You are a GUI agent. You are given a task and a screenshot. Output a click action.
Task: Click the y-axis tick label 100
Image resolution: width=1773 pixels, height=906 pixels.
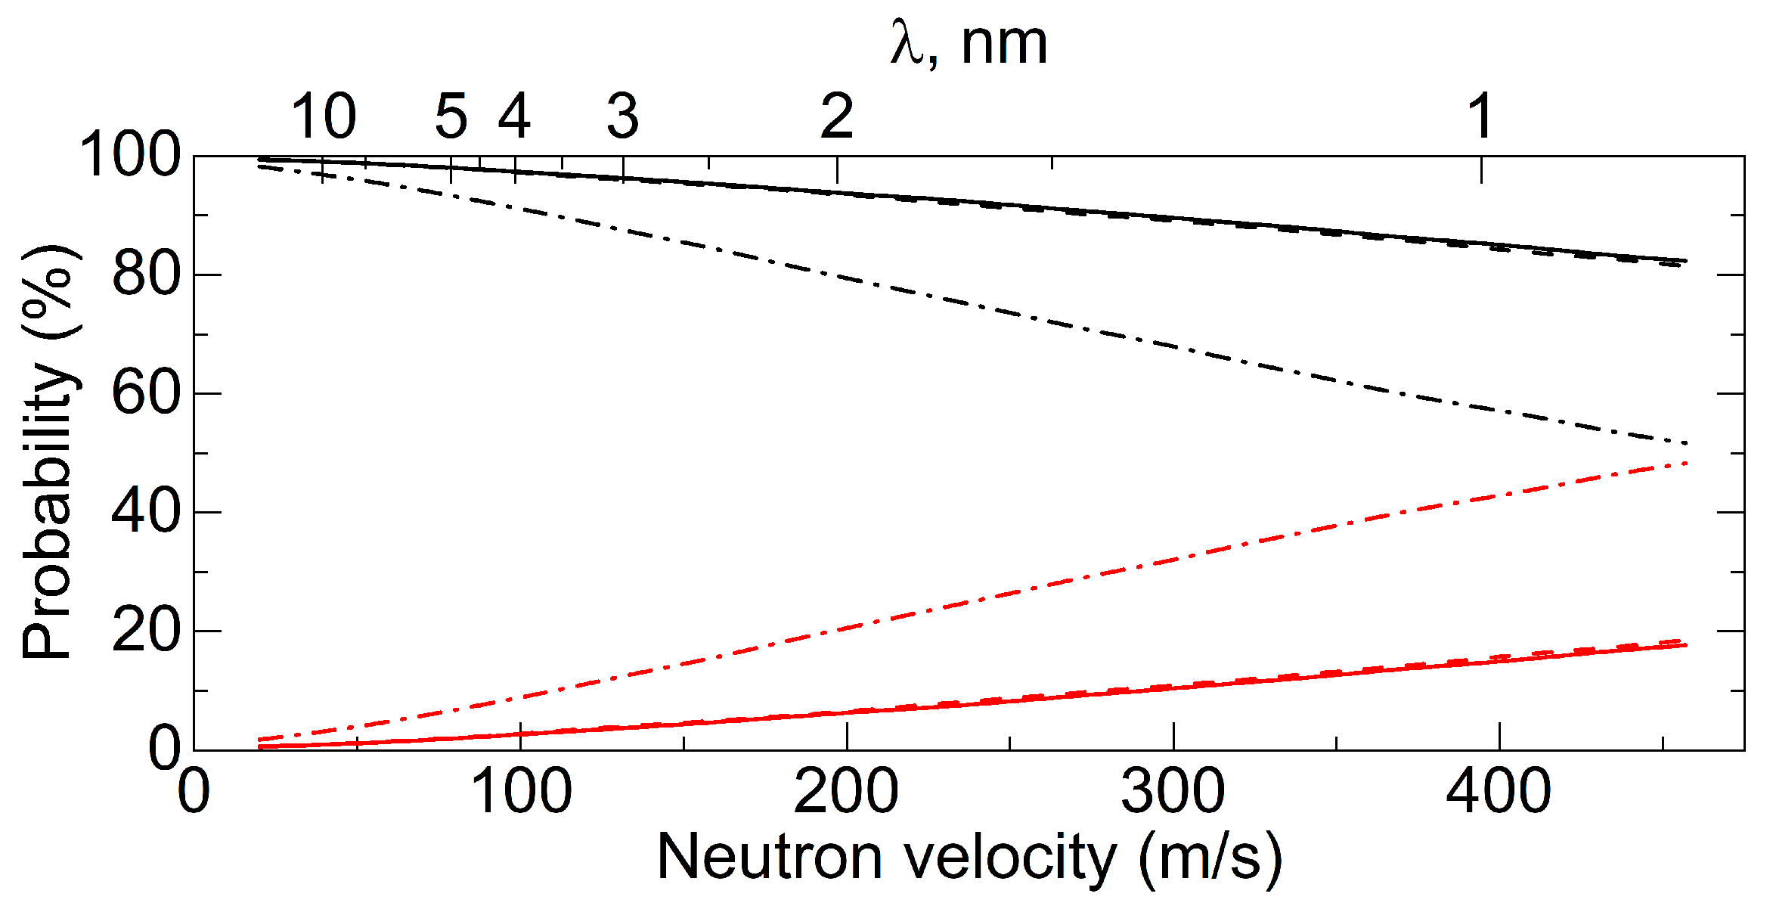pyautogui.click(x=130, y=155)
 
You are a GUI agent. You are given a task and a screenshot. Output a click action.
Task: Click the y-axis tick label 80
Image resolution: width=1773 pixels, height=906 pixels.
pyautogui.click(x=147, y=275)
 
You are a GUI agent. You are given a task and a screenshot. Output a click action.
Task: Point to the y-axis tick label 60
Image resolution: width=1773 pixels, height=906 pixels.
pyautogui.click(x=147, y=393)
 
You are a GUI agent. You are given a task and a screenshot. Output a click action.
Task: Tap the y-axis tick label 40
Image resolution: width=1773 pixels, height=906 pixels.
pyautogui.click(x=147, y=512)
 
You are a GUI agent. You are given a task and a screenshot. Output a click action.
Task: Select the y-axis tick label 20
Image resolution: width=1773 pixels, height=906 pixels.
pyautogui.click(x=147, y=631)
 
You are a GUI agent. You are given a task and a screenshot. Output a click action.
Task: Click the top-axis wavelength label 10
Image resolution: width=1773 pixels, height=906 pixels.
pyautogui.click(x=323, y=117)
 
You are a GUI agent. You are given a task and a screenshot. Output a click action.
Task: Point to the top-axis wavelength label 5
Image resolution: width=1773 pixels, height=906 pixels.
pyautogui.click(x=451, y=117)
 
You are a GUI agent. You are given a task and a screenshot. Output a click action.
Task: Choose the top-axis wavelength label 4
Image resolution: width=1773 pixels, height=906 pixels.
pyautogui.click(x=514, y=117)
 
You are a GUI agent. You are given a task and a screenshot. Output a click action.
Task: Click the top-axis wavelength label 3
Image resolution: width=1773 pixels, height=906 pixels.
pyautogui.click(x=622, y=117)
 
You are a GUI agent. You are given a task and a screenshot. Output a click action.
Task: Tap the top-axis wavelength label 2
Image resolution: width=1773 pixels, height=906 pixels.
pyautogui.click(x=837, y=117)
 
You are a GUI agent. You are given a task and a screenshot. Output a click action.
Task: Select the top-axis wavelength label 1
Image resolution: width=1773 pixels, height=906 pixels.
pyautogui.click(x=1480, y=117)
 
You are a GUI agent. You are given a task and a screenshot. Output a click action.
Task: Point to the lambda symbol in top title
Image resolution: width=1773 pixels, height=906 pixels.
pyautogui.click(x=907, y=44)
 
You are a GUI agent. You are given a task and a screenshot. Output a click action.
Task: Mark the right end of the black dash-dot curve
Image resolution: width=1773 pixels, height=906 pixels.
pyautogui.click(x=1685, y=442)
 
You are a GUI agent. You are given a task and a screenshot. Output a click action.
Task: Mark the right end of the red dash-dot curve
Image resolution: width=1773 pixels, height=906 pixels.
pyautogui.click(x=1685, y=463)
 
